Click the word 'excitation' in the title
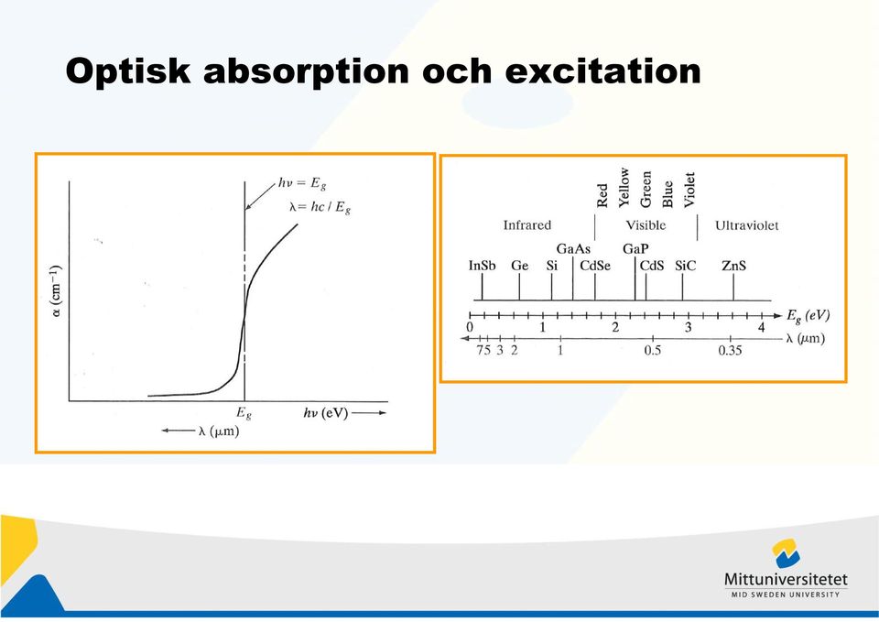click(x=603, y=71)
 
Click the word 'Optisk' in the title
click(x=128, y=71)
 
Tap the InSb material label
click(x=483, y=266)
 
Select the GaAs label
click(x=573, y=248)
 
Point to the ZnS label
click(x=733, y=266)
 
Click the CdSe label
click(x=595, y=266)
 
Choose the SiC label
click(x=685, y=266)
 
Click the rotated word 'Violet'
click(x=689, y=190)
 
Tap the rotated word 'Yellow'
click(x=624, y=187)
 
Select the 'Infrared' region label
click(x=527, y=225)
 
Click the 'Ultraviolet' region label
click(x=747, y=225)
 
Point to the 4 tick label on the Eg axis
click(x=761, y=328)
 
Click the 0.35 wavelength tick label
click(x=730, y=351)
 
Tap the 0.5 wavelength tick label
click(x=653, y=351)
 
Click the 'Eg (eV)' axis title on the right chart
click(x=808, y=316)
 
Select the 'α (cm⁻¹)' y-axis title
click(x=57, y=291)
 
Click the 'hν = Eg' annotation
click(x=302, y=184)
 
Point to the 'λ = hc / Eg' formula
click(x=320, y=208)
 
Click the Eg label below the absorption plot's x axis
click(x=244, y=413)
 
